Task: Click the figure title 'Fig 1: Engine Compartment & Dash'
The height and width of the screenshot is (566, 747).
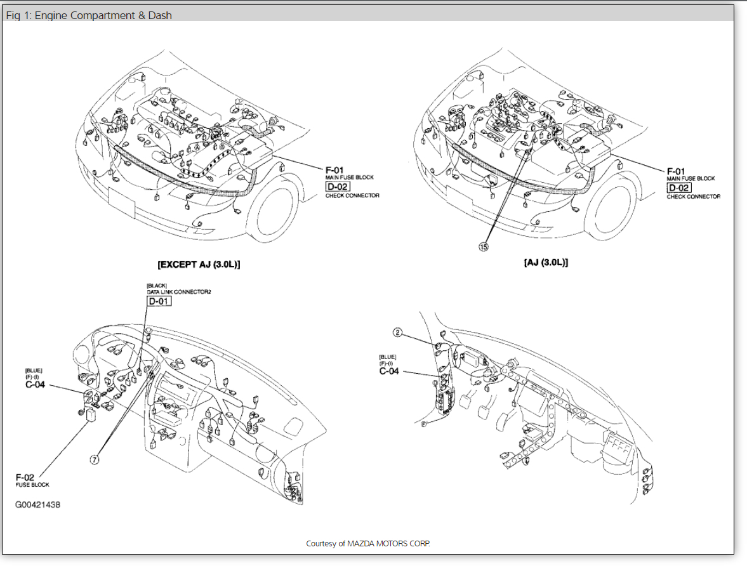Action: [89, 15]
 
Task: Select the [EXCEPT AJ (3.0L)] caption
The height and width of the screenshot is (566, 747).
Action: [199, 264]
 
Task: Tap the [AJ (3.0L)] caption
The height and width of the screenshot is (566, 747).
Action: [546, 262]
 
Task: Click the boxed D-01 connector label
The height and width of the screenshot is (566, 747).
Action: [159, 301]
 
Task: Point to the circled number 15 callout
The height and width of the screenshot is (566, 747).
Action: [484, 247]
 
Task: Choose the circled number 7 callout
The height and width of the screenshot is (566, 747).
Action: [95, 460]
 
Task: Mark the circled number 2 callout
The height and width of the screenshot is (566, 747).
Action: [398, 332]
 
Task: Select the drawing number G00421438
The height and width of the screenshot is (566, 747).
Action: [38, 505]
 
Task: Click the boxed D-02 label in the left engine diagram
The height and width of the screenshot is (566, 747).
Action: [338, 187]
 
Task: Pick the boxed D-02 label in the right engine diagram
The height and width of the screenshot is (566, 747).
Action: [678, 188]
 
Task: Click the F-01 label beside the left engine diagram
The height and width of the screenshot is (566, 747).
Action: [334, 170]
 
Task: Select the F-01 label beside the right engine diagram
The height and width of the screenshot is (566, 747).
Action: [676, 171]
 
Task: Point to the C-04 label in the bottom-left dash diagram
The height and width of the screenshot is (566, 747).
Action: [34, 384]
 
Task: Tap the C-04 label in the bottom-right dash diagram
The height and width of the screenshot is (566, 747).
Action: [388, 371]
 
